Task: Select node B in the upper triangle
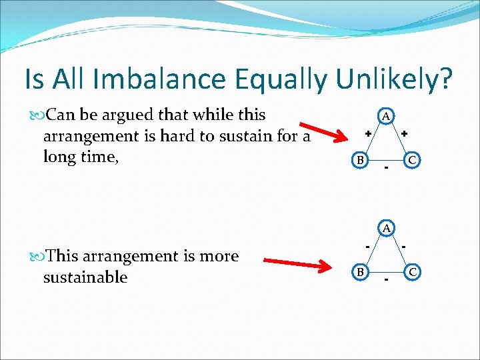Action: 359,161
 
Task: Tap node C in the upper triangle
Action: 413,161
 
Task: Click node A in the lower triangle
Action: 386,228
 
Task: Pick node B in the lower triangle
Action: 359,272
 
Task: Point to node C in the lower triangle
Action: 413,272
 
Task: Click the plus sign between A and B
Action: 367,134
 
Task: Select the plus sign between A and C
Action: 404,134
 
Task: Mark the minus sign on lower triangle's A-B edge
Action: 367,246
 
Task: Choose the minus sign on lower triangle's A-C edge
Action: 404,246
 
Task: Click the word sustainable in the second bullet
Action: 85,277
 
